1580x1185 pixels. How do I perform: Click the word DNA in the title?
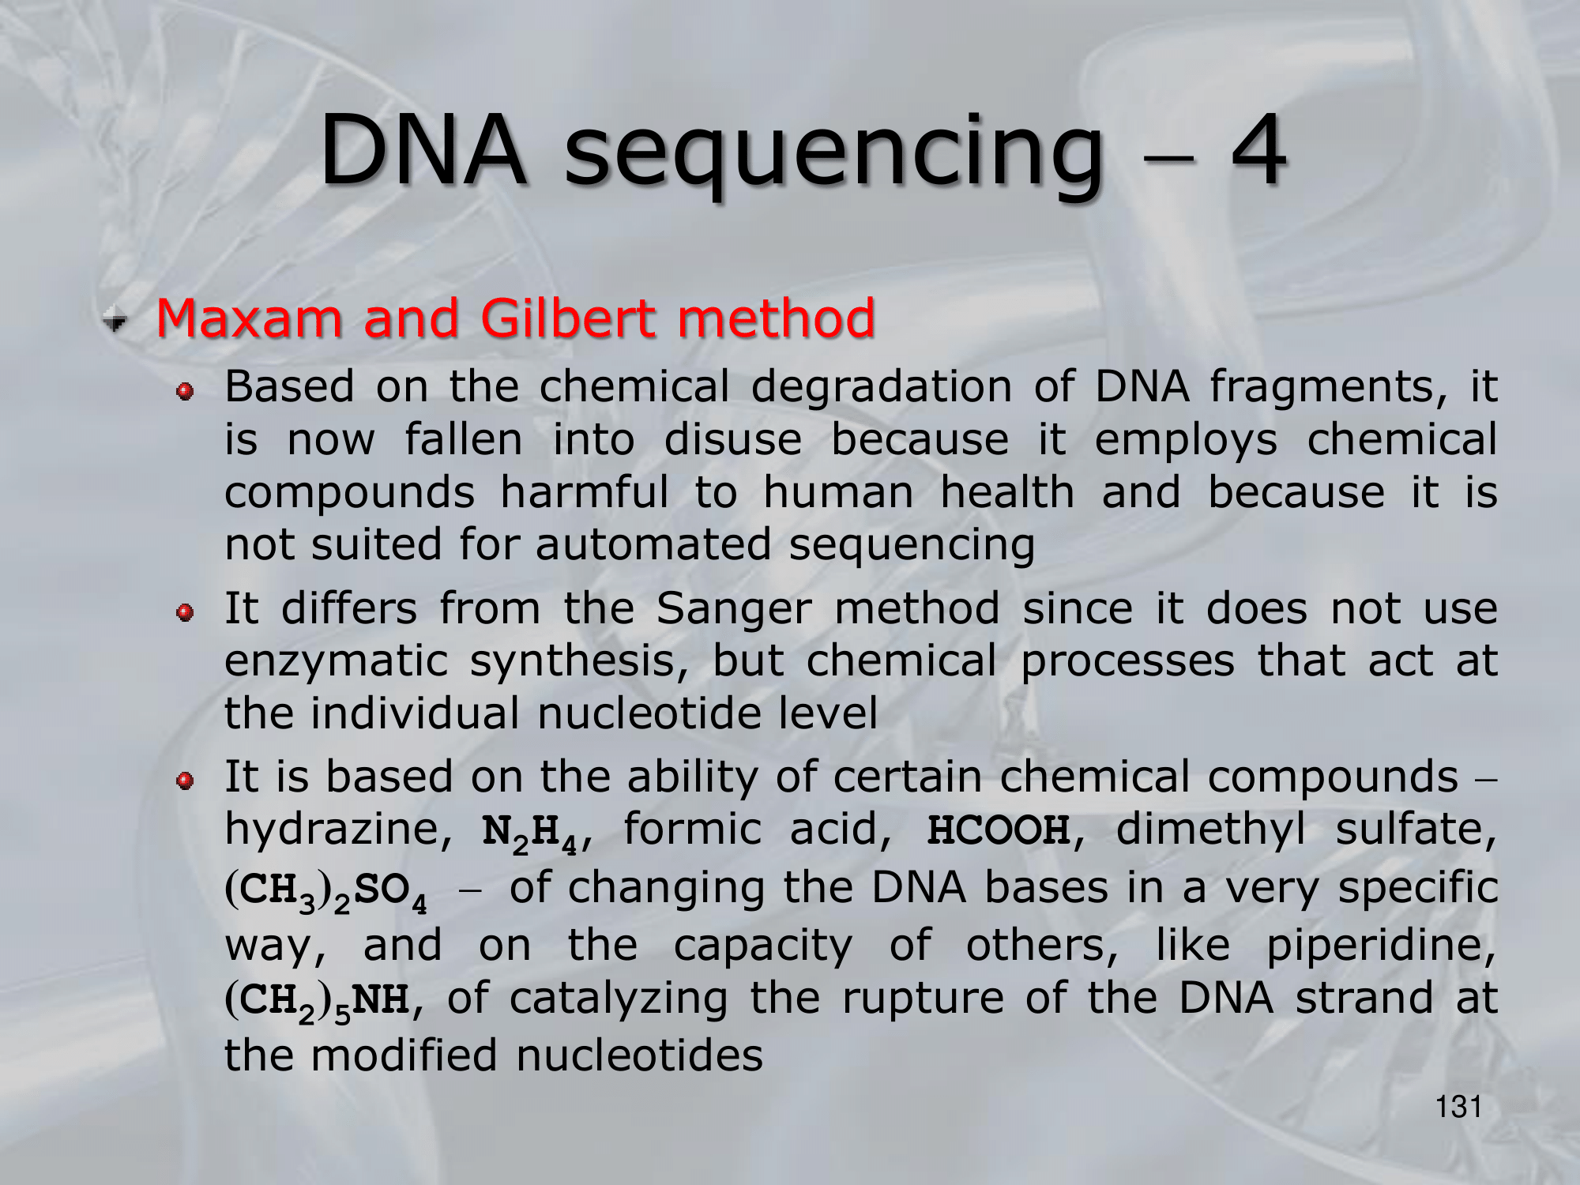pyautogui.click(x=423, y=150)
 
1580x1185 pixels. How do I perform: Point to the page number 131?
pyautogui.click(x=1458, y=1107)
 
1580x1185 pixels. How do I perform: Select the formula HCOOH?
pyautogui.click(x=999, y=829)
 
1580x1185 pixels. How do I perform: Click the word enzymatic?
pyautogui.click(x=336, y=662)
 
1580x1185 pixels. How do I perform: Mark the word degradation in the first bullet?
pyautogui.click(x=881, y=389)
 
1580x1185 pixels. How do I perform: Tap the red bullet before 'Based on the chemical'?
pyautogui.click(x=185, y=391)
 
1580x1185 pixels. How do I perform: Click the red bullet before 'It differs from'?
pyautogui.click(x=185, y=613)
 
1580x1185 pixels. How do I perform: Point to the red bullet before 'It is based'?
pyautogui.click(x=185, y=781)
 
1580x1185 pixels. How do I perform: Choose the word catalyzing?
pyautogui.click(x=618, y=999)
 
